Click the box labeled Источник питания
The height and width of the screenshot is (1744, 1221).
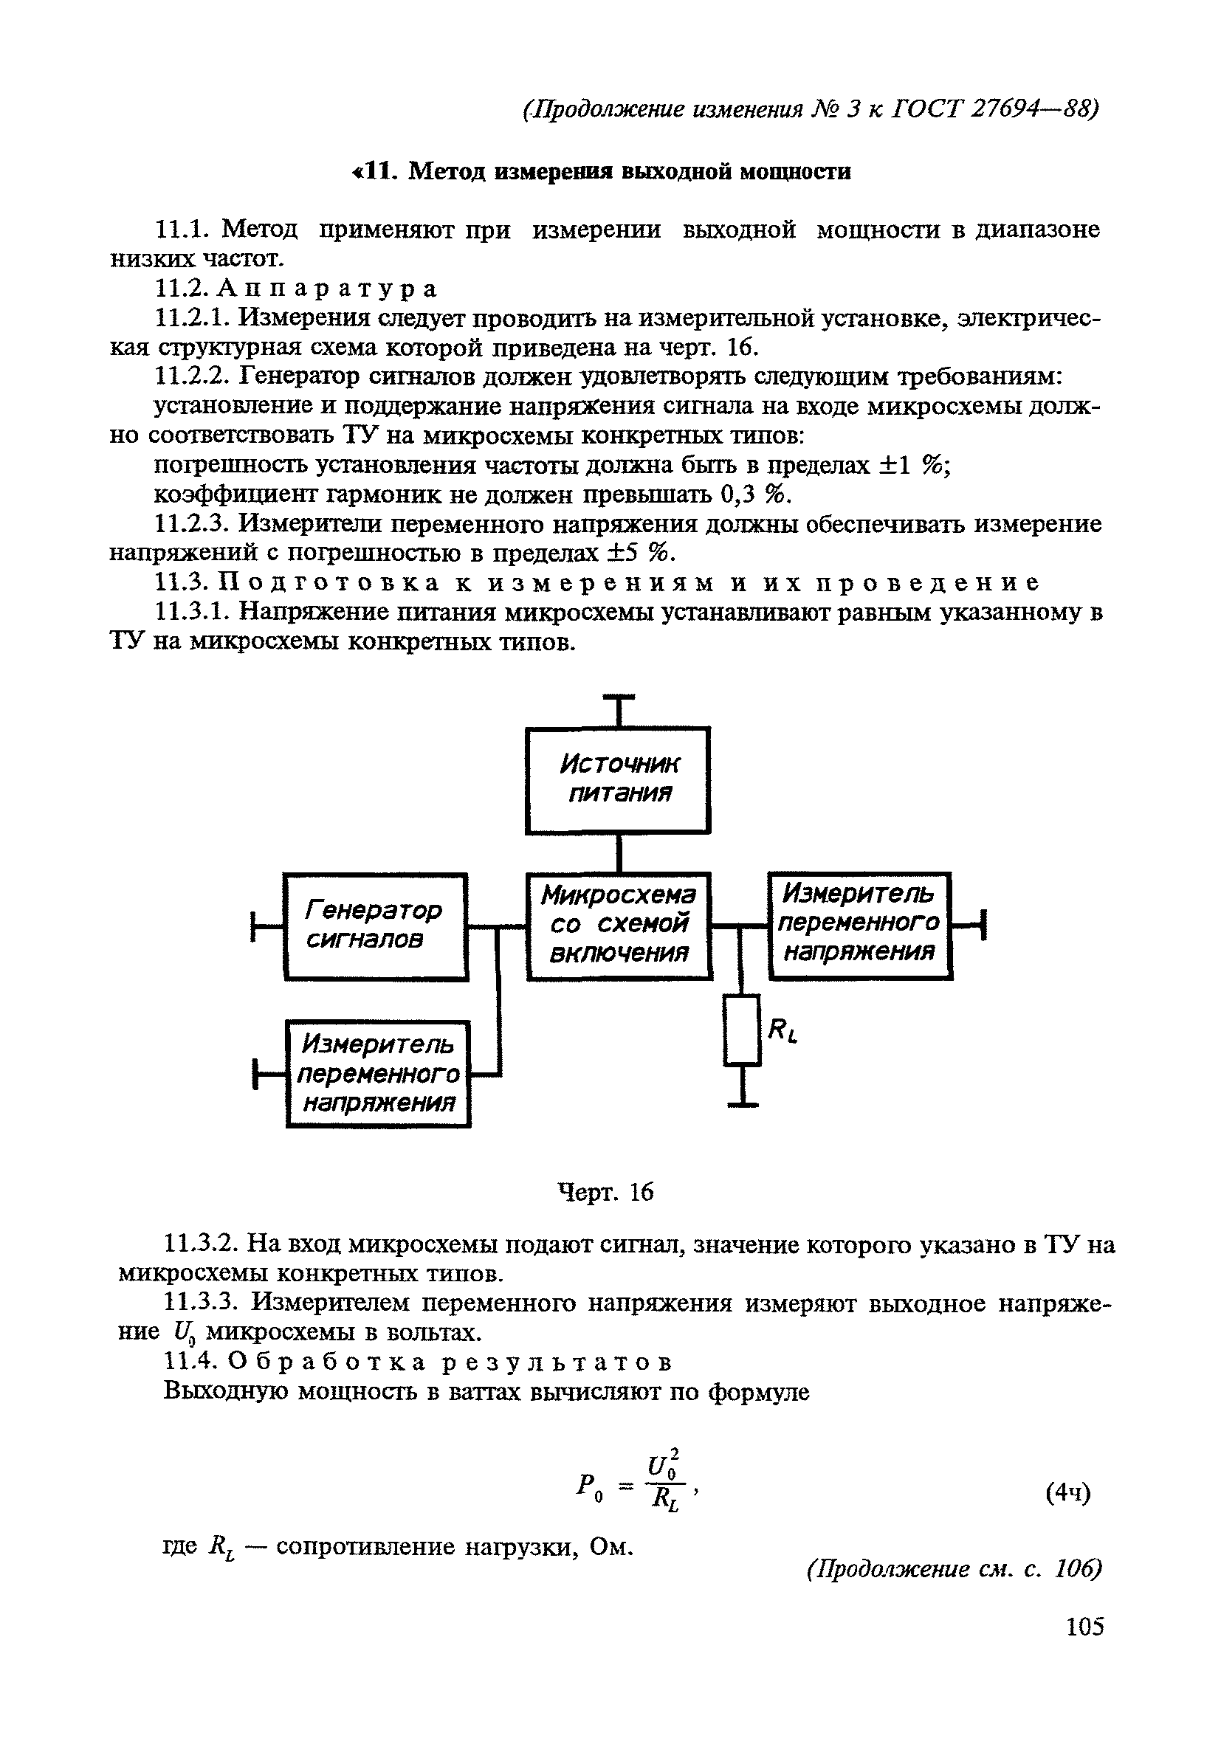[x=618, y=779]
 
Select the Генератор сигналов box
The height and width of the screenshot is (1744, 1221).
[x=375, y=926]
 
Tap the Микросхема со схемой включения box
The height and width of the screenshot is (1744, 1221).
[x=619, y=926]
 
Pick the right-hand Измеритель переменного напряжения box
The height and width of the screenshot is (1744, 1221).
[x=859, y=925]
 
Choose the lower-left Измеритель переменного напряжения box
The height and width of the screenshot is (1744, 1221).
[x=379, y=1073]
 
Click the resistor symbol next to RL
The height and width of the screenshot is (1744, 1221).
[x=743, y=1030]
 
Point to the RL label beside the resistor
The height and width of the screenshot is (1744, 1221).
[x=783, y=1031]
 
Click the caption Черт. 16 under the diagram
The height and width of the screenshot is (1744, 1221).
[x=605, y=1193]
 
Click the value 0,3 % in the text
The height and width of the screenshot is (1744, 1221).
[x=751, y=494]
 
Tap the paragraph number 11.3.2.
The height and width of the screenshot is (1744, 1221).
[x=202, y=1244]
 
